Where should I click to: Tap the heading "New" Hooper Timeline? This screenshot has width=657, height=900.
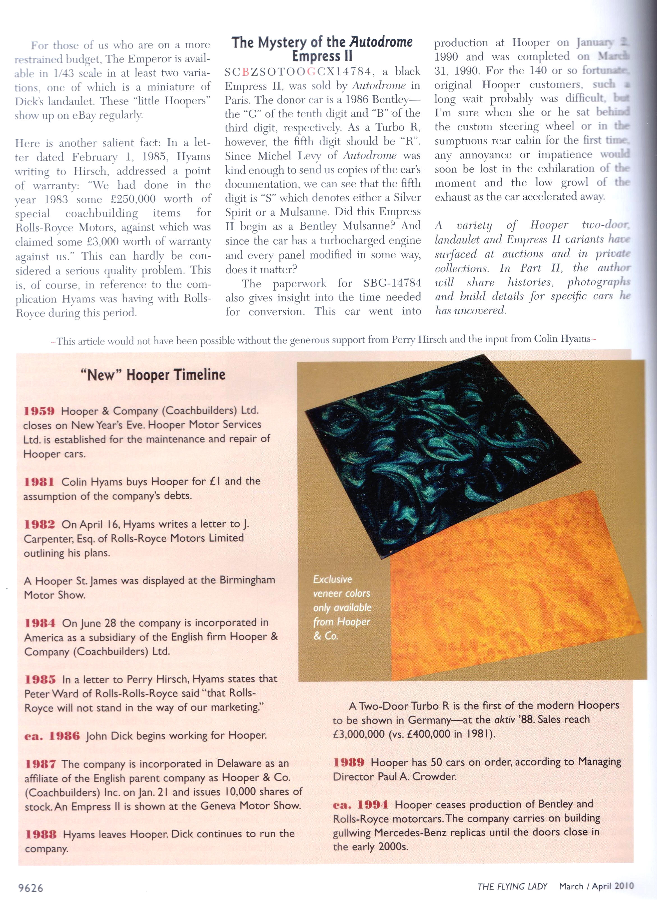(x=153, y=375)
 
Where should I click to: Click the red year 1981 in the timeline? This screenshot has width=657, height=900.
(x=39, y=482)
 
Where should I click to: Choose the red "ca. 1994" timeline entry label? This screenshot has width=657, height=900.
(x=360, y=805)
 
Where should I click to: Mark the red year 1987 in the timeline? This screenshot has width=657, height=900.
(x=40, y=764)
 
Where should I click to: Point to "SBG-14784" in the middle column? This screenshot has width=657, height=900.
(x=392, y=283)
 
